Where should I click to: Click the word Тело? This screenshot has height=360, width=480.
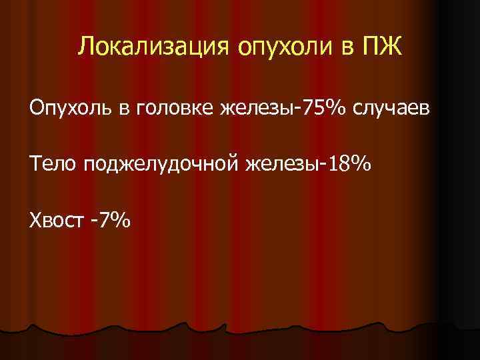(53, 163)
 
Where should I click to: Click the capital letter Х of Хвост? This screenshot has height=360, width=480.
(35, 219)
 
